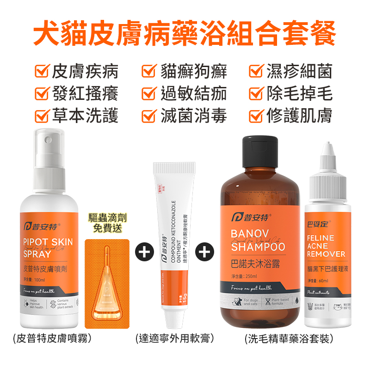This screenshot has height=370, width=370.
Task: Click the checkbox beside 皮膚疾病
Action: tap(43, 72)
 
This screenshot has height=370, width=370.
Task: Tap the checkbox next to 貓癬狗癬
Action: tap(148, 72)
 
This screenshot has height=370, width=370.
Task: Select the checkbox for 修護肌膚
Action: tap(256, 115)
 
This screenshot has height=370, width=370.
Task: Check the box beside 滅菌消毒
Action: tap(148, 115)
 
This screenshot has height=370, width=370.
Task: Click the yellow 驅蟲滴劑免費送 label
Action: tap(107, 222)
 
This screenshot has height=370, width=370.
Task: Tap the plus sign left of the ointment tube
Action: tap(144, 252)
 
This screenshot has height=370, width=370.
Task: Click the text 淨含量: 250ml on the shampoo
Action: tap(244, 277)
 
